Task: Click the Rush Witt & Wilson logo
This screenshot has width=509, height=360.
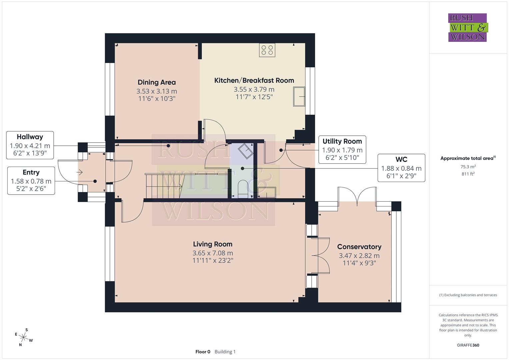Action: (467, 28)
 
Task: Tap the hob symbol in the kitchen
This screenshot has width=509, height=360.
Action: (267, 50)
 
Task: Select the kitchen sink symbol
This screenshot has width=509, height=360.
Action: (299, 96)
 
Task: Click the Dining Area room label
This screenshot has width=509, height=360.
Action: (157, 82)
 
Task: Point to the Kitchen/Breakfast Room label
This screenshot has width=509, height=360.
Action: (254, 80)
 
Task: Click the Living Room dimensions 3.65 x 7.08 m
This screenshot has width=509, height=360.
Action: (213, 253)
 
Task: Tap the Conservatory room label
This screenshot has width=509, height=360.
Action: (359, 247)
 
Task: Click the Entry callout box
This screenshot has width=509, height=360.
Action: (31, 181)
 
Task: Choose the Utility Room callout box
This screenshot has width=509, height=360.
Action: (342, 150)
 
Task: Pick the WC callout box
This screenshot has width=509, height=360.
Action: (401, 168)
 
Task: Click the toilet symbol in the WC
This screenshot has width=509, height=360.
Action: (243, 188)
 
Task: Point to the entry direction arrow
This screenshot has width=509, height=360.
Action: (80, 172)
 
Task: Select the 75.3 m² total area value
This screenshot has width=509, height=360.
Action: (468, 167)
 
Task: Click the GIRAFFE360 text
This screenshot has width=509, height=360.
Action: (468, 345)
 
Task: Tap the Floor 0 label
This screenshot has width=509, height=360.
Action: (203, 352)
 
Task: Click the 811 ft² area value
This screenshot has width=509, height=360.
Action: (468, 174)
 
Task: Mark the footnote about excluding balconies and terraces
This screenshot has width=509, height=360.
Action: (468, 295)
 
